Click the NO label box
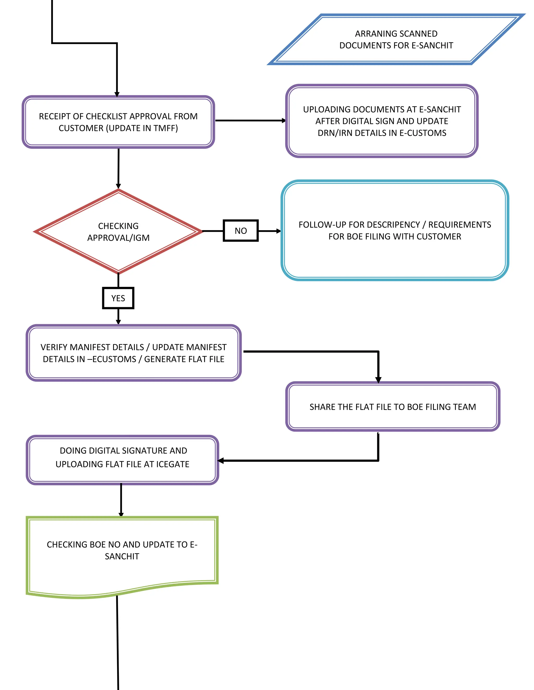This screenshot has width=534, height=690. coord(240,231)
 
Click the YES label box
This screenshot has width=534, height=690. coord(118,298)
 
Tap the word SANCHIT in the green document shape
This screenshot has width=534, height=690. coord(122,556)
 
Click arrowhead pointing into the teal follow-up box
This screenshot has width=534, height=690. coord(278,231)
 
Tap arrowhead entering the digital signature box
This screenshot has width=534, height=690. coord(221,461)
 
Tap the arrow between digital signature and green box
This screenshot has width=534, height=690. coord(121,499)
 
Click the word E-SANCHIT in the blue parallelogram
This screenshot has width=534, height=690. coord(433,46)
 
